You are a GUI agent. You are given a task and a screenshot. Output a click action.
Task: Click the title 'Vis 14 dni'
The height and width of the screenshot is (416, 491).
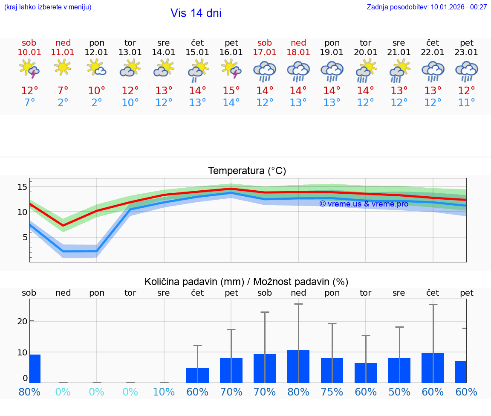pyautogui.click(x=196, y=13)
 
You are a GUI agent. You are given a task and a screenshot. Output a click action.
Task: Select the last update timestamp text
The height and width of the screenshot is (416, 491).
pyautogui.click(x=427, y=7)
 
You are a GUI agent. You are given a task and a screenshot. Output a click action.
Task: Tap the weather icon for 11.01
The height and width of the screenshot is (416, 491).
pyautogui.click(x=63, y=67)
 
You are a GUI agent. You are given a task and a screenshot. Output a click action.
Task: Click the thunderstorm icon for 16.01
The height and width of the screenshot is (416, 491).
pyautogui.click(x=231, y=68)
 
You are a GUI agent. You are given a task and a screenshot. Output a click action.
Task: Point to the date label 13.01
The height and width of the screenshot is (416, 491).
pyautogui.click(x=130, y=52)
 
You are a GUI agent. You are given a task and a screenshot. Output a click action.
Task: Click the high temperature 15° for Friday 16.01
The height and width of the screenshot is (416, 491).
pyautogui.click(x=231, y=91)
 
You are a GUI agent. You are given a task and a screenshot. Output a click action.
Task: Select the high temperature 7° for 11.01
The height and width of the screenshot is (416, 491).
pyautogui.click(x=63, y=91)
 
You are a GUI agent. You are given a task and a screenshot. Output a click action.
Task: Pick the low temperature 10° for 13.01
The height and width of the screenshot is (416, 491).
pyautogui.click(x=130, y=103)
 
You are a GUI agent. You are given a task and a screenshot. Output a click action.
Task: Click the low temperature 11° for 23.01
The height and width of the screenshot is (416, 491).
pyautogui.click(x=466, y=103)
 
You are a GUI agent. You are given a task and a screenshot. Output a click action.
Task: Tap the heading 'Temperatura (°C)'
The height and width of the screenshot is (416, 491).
pyautogui.click(x=247, y=171)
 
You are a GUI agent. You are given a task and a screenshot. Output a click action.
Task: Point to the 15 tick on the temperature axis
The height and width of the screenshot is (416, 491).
pyautogui.click(x=22, y=187)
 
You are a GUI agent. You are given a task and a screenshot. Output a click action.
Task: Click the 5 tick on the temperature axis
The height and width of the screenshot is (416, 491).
pyautogui.click(x=25, y=237)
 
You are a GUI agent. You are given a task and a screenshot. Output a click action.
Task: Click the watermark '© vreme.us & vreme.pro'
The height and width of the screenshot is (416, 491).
pyautogui.click(x=364, y=204)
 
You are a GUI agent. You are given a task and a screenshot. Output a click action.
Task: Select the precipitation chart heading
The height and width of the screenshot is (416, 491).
pyautogui.click(x=246, y=282)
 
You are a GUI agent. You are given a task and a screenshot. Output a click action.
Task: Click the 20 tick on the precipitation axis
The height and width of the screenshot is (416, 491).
pyautogui.click(x=22, y=321)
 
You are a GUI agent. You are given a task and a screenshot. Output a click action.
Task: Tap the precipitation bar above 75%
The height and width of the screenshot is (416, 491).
pyautogui.click(x=332, y=370)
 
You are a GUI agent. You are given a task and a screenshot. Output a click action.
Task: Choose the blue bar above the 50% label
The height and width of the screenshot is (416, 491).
pyautogui.click(x=399, y=370)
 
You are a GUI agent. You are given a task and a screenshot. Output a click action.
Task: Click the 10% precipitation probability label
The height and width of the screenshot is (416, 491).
pyautogui.click(x=164, y=392)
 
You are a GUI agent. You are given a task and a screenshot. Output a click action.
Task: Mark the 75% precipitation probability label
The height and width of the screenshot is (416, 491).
pyautogui.click(x=332, y=392)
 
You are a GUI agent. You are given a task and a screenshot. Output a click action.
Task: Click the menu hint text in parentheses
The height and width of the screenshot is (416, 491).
pyautogui.click(x=48, y=7)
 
